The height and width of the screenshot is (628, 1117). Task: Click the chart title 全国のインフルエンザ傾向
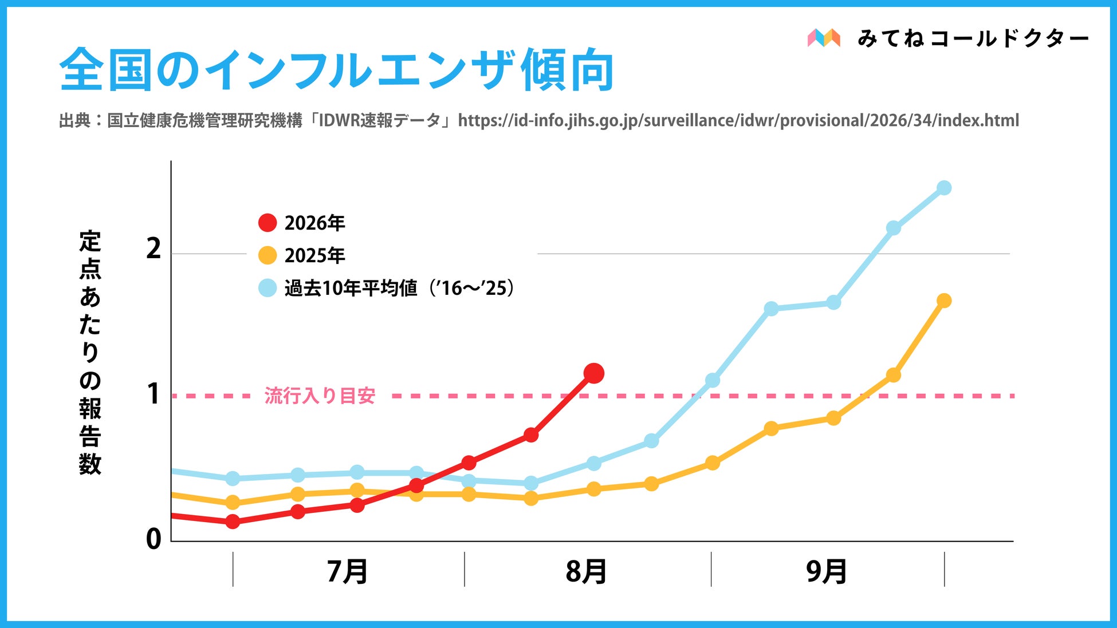[x=336, y=70]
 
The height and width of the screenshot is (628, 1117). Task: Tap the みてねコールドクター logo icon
[x=824, y=38]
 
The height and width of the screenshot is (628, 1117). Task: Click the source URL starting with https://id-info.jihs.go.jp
[x=738, y=121]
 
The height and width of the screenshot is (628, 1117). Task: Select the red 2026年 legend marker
[x=268, y=223]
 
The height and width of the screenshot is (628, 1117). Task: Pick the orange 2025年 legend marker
[x=268, y=255]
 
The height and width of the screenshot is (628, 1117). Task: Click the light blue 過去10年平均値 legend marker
[x=268, y=287]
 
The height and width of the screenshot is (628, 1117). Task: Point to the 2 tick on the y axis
[x=154, y=249]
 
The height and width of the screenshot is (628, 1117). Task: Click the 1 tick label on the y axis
[x=154, y=394]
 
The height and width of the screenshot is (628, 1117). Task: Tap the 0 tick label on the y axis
[x=154, y=539]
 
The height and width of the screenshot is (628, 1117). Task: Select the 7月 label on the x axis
[x=347, y=571]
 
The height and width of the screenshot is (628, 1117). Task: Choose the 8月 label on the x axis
[x=586, y=571]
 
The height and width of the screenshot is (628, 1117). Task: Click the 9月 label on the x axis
[x=827, y=571]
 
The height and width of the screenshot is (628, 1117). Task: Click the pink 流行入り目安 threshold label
[x=320, y=396]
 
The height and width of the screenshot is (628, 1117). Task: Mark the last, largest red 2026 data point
[x=593, y=373]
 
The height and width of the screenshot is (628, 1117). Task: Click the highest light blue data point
[x=944, y=188]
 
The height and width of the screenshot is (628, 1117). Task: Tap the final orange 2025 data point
[x=944, y=301]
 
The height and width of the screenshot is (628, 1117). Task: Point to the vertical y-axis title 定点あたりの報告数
[x=90, y=353]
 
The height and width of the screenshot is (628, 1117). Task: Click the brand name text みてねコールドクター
[x=973, y=38]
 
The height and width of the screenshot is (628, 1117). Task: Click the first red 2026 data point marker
[x=233, y=522]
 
